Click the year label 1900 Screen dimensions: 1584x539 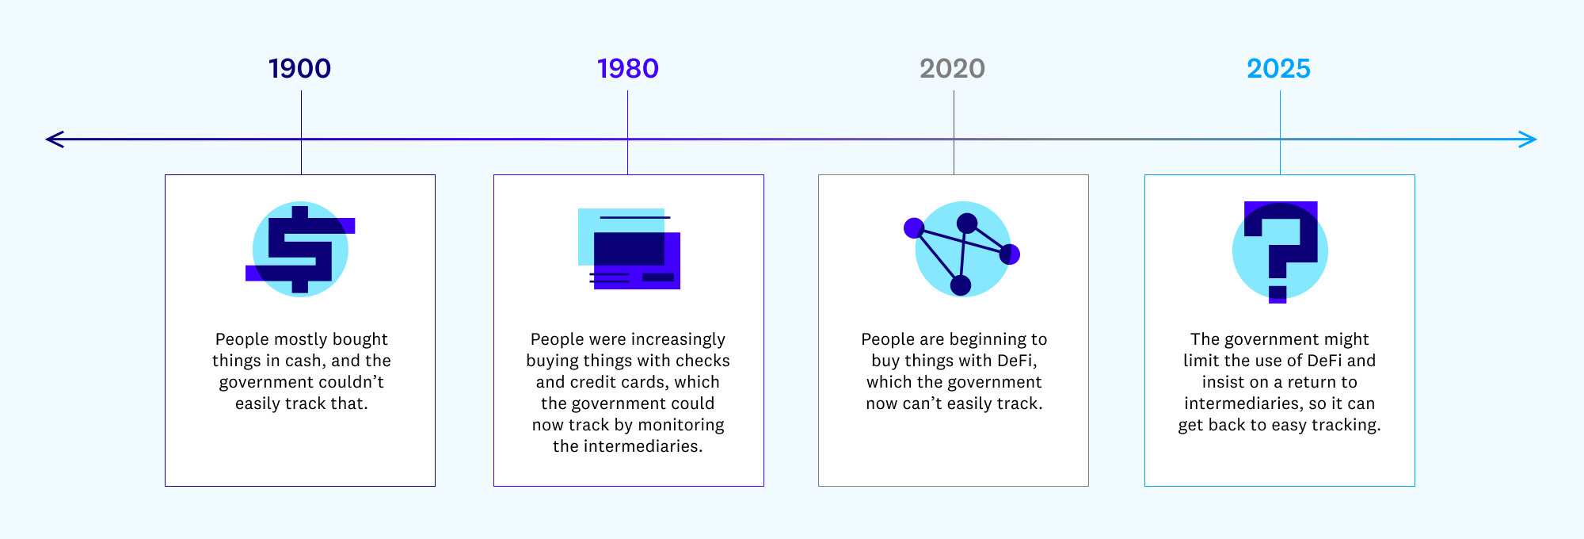click(299, 69)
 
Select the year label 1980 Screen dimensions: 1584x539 click(628, 69)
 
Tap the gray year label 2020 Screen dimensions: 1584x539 click(953, 69)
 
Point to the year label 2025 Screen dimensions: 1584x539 click(1279, 69)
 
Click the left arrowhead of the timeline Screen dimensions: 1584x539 click(54, 140)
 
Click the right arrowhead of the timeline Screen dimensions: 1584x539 click(1529, 140)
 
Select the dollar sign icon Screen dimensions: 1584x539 click(300, 250)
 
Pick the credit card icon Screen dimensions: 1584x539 click(629, 249)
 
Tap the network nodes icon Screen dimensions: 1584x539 click(961, 249)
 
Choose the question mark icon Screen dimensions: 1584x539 click(1280, 252)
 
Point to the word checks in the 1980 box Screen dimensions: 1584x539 click(703, 361)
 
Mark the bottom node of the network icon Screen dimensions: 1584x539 click(961, 285)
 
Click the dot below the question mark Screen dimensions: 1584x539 click(1277, 295)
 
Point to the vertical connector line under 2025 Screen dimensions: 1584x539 click(1280, 132)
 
